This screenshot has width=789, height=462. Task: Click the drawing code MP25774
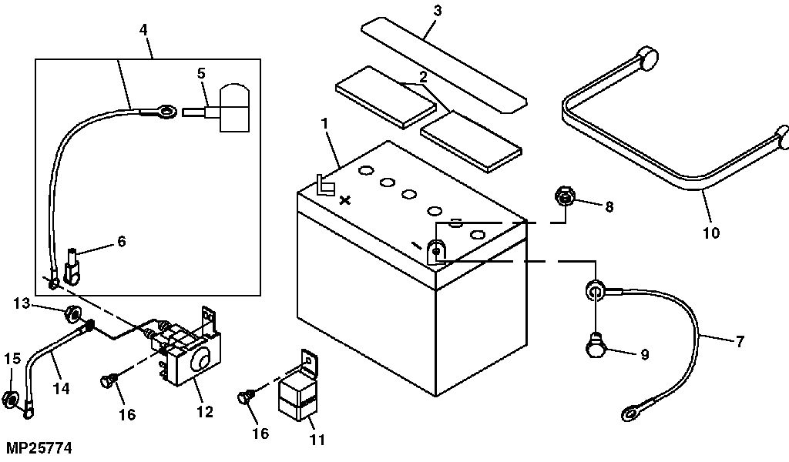tap(43, 446)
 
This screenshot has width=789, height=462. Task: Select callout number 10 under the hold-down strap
tap(711, 232)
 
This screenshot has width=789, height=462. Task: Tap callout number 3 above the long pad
tap(437, 11)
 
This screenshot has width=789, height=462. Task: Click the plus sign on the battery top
tap(345, 179)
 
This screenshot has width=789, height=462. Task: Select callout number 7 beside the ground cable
tap(740, 340)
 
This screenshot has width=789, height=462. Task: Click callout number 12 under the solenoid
tap(204, 413)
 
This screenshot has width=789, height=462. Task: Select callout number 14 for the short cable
tap(61, 389)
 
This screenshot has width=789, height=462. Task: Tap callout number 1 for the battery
tap(326, 122)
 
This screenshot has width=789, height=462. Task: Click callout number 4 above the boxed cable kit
tap(143, 32)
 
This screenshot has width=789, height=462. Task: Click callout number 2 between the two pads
tap(423, 78)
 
